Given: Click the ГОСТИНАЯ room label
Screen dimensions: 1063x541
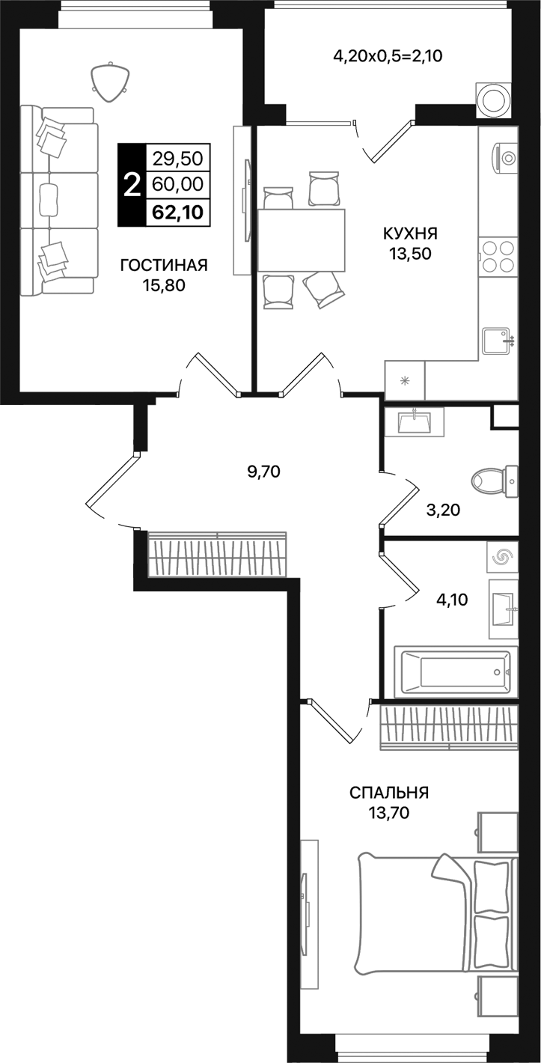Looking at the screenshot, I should (x=163, y=265).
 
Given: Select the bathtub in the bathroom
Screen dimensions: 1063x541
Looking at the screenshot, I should (x=456, y=671).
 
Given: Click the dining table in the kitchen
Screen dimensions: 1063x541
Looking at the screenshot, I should (x=302, y=240).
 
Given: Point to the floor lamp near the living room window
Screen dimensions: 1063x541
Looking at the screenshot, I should (x=109, y=79).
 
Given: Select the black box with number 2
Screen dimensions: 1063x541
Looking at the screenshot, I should (x=132, y=184).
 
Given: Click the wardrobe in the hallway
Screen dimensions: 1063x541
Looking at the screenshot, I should (x=217, y=555).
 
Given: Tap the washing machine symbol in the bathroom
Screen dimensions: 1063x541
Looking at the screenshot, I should (x=501, y=558).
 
